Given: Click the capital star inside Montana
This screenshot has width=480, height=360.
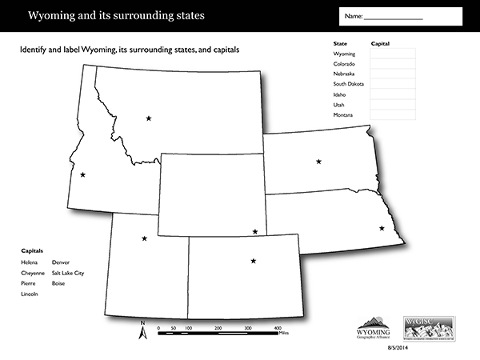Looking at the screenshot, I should [x=149, y=118].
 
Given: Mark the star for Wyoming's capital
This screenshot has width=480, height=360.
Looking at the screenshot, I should [x=255, y=232].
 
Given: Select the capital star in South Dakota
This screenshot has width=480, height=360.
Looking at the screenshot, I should [x=319, y=162].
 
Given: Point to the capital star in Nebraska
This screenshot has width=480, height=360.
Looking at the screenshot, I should [x=382, y=229].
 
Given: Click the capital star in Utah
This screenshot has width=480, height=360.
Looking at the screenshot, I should [x=144, y=238].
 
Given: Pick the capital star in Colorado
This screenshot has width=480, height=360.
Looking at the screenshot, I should [x=254, y=261].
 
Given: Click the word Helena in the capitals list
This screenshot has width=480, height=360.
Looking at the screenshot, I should [x=29, y=262].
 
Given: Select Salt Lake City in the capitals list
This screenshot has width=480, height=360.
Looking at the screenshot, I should [x=67, y=273].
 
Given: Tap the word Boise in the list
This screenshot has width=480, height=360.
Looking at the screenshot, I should [x=58, y=283].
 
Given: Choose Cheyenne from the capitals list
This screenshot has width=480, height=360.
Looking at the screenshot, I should [x=32, y=273].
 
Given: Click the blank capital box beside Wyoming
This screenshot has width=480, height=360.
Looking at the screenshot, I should [x=393, y=54].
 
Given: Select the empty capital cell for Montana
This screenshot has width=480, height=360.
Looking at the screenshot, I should [x=393, y=116].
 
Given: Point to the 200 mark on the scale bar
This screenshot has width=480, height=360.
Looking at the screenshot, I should [x=218, y=329].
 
